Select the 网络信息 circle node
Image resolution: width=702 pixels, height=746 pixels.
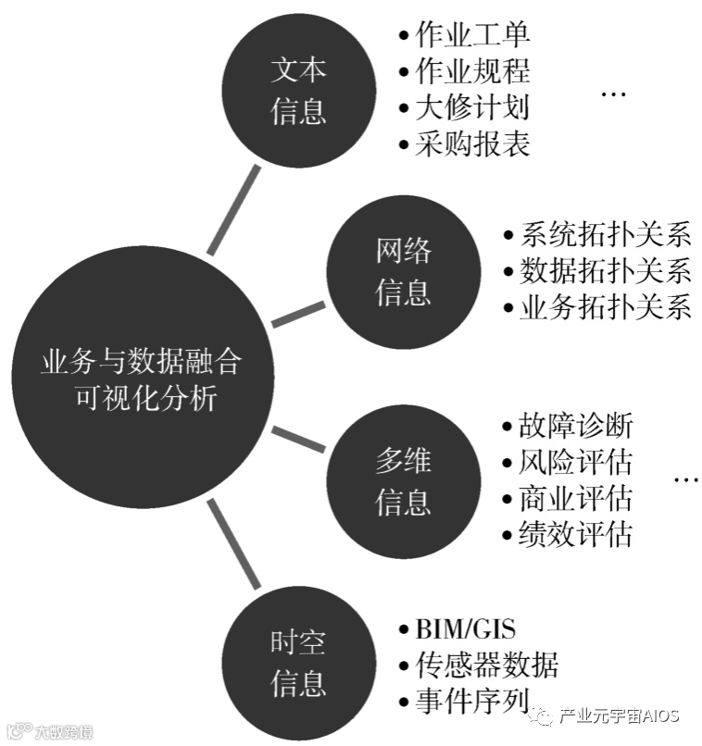click(403, 271)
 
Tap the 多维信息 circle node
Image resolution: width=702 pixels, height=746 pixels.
click(403, 481)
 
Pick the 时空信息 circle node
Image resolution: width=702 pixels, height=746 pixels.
click(298, 664)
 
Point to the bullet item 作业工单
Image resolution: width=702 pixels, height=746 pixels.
click(471, 35)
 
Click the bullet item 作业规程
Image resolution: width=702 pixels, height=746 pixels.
click(471, 71)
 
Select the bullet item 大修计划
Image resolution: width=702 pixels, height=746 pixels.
click(471, 107)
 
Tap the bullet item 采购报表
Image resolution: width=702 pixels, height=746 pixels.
click(471, 143)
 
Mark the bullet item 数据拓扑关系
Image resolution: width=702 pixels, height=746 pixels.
click(604, 270)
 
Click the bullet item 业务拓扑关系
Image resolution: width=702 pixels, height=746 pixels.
click(604, 307)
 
